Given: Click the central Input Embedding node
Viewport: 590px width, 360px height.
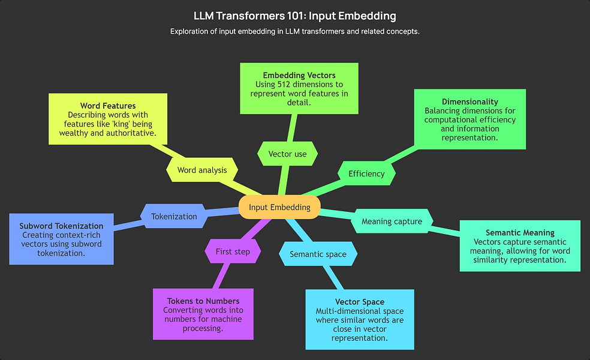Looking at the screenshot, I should pos(279,207).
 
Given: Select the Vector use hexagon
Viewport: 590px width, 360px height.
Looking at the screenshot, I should pos(287,154).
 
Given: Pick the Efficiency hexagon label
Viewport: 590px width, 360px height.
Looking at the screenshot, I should pos(366,173).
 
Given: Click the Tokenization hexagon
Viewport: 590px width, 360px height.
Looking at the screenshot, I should pos(174,216).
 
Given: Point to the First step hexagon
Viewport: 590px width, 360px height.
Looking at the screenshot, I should pos(233,251).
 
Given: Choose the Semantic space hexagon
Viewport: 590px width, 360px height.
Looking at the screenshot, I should pos(318,254).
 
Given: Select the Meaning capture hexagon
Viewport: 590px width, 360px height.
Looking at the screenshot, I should pos(392,221).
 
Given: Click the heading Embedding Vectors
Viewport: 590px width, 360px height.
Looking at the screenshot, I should pos(299,75).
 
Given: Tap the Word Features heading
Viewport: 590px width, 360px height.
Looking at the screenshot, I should pos(108,106).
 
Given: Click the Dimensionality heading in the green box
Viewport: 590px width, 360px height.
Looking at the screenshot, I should pos(470,101).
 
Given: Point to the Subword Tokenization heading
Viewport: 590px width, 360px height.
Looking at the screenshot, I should pos(61,226).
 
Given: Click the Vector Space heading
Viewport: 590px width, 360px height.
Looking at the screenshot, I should pos(360,302).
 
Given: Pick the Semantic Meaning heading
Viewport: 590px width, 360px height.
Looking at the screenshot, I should pos(520,232).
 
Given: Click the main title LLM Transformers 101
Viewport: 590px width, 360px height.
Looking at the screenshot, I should pos(294,16).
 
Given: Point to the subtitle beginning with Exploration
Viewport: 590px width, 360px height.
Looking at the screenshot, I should pos(294,31).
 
